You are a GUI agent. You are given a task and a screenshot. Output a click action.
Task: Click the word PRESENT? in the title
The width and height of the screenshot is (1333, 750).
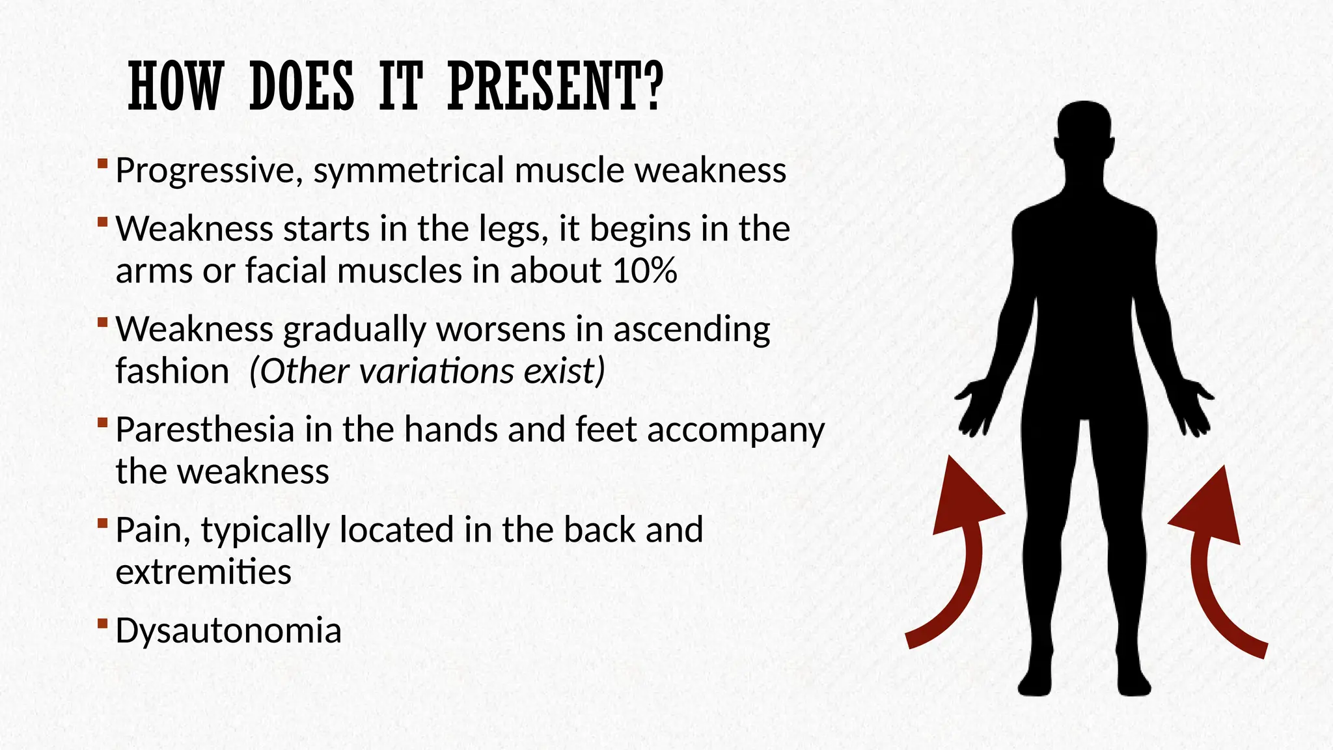(555, 87)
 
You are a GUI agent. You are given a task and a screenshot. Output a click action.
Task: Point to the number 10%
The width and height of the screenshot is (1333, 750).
(644, 270)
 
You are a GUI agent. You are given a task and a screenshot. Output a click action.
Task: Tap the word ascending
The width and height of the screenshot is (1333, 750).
(691, 329)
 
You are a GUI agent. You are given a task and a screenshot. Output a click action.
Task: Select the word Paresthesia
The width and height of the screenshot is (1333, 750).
(205, 430)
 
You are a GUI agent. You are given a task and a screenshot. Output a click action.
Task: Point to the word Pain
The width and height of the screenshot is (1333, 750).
(152, 530)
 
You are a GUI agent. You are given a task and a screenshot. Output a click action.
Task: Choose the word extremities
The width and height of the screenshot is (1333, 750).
(203, 572)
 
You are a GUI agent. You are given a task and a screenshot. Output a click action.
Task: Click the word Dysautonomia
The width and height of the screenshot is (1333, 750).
(228, 630)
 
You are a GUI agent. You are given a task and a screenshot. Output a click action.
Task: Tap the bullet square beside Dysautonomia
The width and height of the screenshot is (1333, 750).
(102, 624)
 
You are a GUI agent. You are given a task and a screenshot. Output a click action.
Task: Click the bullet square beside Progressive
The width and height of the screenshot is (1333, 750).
(102, 162)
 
